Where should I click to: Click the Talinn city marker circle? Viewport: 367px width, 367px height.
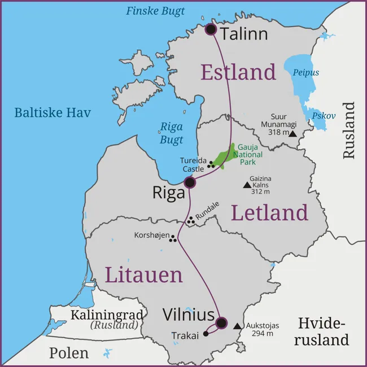point(211,29)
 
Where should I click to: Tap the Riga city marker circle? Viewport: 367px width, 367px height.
point(190,182)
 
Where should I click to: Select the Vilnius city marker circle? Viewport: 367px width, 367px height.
point(221,323)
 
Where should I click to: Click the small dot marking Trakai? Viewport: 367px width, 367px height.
point(206,334)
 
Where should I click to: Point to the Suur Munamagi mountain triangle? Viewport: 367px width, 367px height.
point(292,134)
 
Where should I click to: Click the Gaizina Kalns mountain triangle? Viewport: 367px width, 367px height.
point(247,185)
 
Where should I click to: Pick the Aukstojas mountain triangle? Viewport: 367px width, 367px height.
point(237,326)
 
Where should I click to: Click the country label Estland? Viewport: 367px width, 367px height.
point(238,72)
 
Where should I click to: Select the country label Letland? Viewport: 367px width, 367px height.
point(269,213)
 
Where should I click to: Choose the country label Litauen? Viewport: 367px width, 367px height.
point(143,275)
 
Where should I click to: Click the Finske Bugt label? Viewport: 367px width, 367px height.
point(155,11)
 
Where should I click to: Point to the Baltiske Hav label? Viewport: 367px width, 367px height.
point(52,112)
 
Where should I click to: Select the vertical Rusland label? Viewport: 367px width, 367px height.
point(349,130)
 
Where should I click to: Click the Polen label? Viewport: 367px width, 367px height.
point(68,353)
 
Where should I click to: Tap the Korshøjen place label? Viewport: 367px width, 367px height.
point(151,235)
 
